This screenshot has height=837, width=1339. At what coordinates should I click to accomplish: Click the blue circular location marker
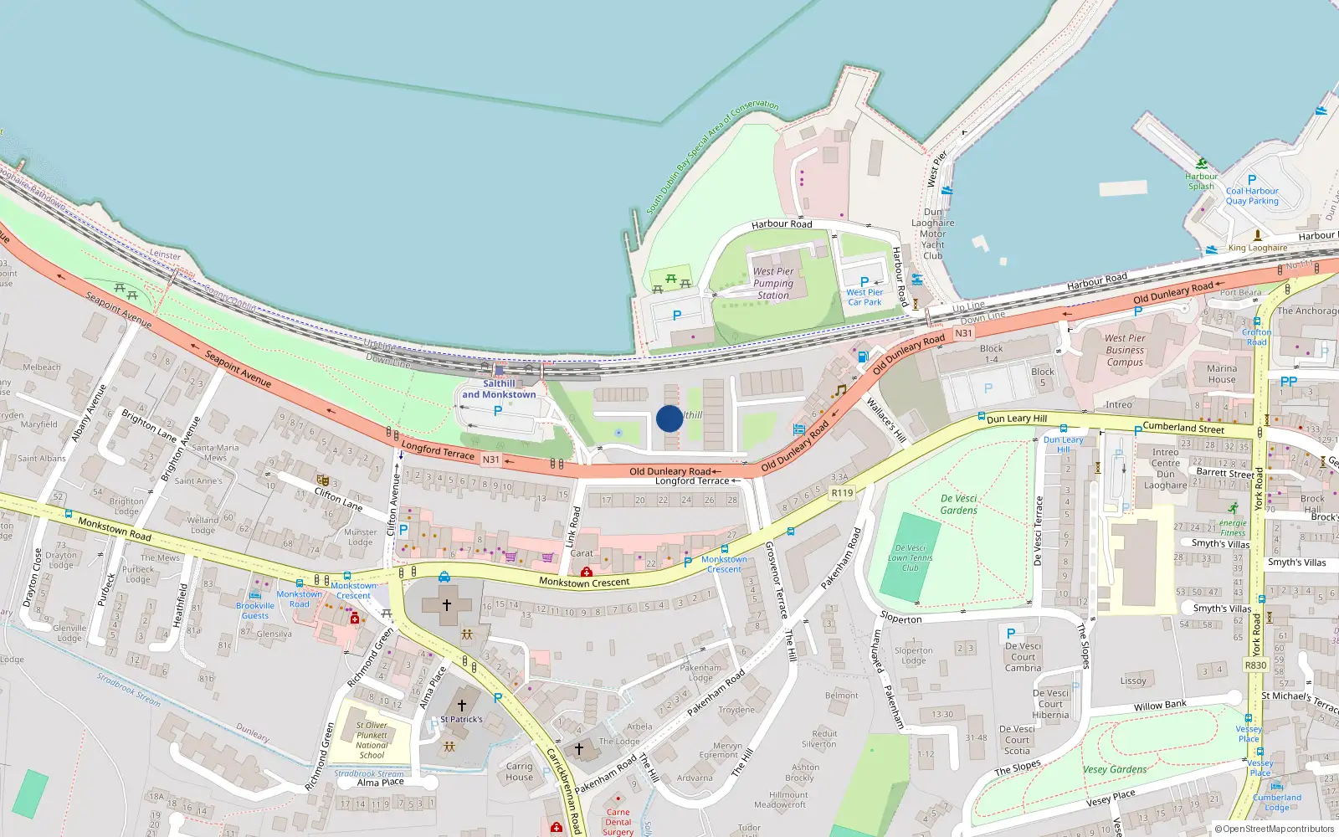(x=669, y=418)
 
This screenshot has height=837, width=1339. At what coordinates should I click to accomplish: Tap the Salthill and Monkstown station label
(x=499, y=389)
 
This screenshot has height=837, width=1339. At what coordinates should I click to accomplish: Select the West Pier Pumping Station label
(x=773, y=283)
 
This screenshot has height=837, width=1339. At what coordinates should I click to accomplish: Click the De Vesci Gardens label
(x=958, y=504)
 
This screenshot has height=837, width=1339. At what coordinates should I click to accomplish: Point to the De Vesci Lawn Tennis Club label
(x=910, y=557)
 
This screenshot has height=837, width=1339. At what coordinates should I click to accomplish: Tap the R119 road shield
(x=842, y=493)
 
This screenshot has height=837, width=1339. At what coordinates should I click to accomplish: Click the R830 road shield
(x=1255, y=665)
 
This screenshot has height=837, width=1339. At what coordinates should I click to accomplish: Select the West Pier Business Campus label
(x=1125, y=350)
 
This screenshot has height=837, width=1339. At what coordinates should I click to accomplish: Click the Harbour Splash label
(x=1201, y=181)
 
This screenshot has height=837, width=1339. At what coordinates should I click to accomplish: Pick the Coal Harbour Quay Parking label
(x=1252, y=196)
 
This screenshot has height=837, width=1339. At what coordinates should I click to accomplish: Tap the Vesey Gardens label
(x=1115, y=769)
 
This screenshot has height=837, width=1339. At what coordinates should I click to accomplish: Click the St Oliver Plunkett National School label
(x=372, y=740)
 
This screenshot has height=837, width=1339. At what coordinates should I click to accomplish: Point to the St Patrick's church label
(x=461, y=719)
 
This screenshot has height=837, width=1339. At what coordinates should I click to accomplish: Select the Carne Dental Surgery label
(x=618, y=822)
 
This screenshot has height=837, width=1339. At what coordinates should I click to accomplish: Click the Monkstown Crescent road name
(x=584, y=582)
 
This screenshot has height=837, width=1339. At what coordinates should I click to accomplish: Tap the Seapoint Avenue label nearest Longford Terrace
(x=239, y=369)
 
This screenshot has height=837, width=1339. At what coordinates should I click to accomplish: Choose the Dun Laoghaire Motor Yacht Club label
(x=932, y=234)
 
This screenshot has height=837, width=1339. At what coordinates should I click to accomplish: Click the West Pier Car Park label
(x=864, y=297)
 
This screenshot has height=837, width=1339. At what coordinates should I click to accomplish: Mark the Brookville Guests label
(x=255, y=610)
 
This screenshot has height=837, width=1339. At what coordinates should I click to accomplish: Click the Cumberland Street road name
(x=1183, y=427)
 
